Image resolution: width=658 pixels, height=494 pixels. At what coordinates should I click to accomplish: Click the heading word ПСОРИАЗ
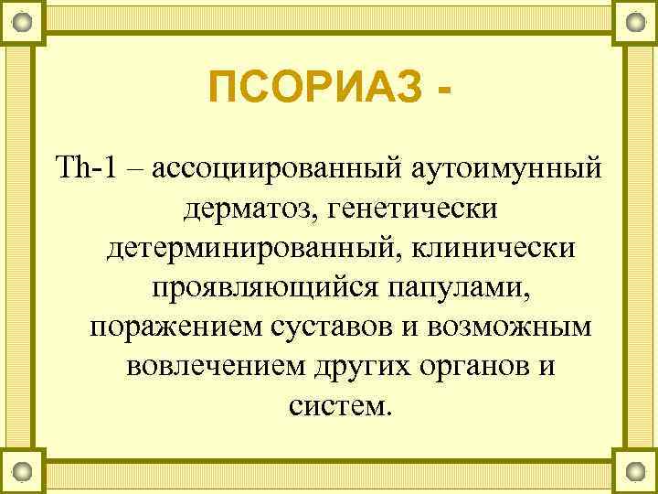point(315,90)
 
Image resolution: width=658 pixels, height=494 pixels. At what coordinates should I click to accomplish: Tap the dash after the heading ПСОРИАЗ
point(445,90)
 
